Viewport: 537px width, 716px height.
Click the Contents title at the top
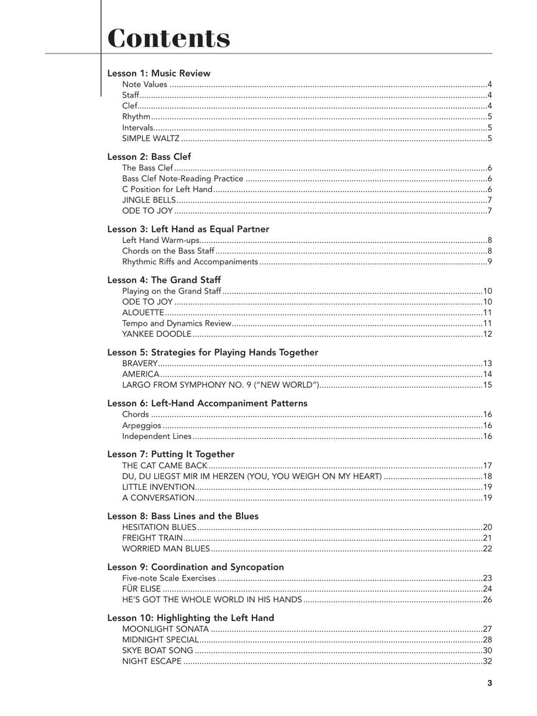[169, 38]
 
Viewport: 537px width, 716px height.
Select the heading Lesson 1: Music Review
[158, 73]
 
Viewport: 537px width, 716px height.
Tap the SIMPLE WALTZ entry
[151, 139]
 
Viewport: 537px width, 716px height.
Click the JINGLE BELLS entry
[149, 200]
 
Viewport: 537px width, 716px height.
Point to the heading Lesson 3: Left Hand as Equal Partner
[188, 229]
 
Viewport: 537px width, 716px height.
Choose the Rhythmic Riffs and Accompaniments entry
[190, 262]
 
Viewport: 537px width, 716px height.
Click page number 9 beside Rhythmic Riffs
[490, 262]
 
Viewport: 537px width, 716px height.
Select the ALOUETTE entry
[143, 313]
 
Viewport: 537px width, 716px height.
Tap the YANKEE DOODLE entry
[157, 334]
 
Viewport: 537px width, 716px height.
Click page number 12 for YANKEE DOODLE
[487, 334]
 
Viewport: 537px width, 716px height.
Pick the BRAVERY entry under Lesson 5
[140, 364]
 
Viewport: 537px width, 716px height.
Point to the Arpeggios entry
[142, 426]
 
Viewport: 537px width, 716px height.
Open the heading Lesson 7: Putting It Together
[170, 454]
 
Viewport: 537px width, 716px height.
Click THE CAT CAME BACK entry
[165, 466]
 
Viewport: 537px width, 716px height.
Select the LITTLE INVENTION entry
[158, 487]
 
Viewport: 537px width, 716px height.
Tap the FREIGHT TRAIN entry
[152, 538]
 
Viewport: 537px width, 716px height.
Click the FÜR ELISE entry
[142, 589]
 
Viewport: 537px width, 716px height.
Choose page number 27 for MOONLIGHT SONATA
[487, 629]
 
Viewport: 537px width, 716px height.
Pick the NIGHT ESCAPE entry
[152, 661]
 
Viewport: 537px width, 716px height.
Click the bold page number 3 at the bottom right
[490, 683]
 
